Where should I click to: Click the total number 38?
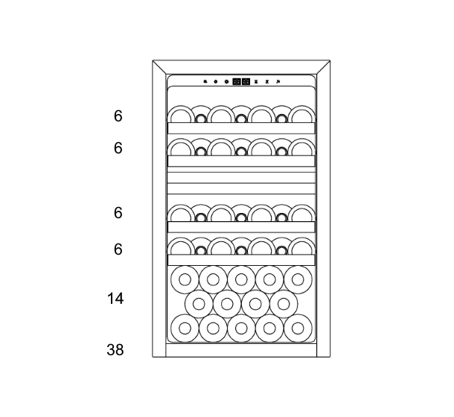[115, 349]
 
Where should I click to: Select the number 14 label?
[115, 299]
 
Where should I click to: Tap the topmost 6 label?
[118, 116]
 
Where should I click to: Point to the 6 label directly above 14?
[118, 249]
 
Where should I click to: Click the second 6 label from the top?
[118, 148]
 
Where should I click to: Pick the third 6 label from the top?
[118, 213]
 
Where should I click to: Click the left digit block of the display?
[237, 82]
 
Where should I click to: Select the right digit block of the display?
[246, 82]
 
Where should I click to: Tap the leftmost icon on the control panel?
[205, 82]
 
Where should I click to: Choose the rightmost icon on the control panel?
[278, 82]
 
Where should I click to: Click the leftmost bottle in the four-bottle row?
[199, 303]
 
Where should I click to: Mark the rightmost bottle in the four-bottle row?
[284, 303]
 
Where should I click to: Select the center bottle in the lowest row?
[241, 328]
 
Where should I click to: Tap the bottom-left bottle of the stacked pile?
[185, 328]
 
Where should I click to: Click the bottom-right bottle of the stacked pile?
[298, 328]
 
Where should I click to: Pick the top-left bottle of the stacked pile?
[185, 279]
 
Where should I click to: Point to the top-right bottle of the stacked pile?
[298, 279]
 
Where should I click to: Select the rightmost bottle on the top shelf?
[302, 115]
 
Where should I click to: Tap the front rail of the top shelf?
[241, 128]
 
